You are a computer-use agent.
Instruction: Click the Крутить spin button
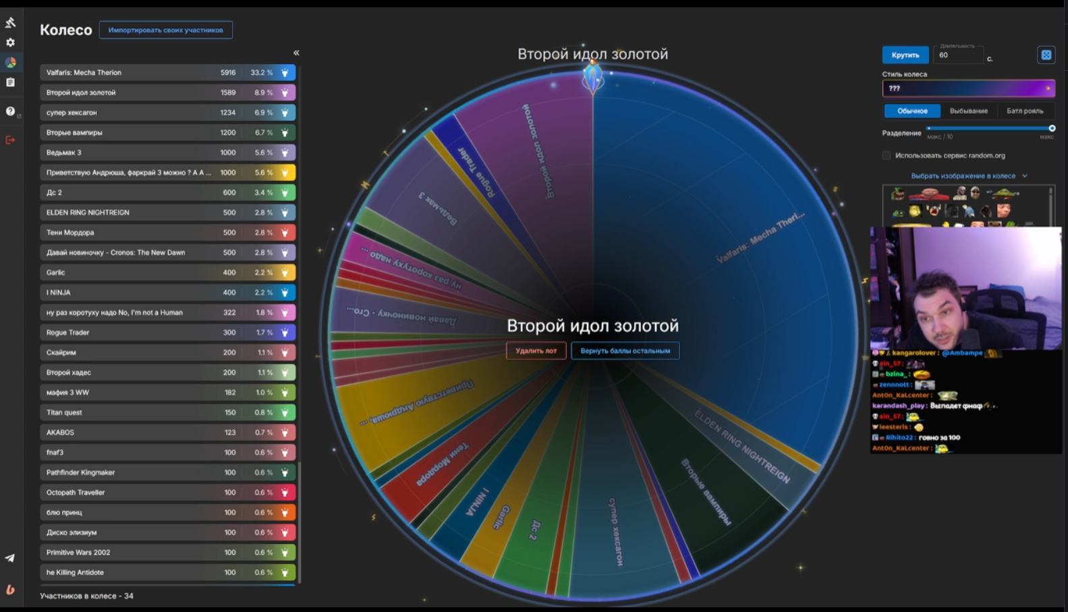(x=905, y=55)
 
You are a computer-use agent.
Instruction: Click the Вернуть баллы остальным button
(x=625, y=351)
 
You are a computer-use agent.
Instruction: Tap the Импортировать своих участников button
(x=165, y=30)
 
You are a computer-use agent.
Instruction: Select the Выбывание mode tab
(x=968, y=111)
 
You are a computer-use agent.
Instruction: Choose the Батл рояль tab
(x=1024, y=111)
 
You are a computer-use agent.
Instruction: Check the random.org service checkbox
(x=887, y=156)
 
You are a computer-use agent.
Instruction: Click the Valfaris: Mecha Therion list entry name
(x=84, y=73)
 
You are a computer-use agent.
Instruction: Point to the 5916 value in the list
(x=228, y=73)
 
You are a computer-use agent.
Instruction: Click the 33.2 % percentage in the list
(x=261, y=73)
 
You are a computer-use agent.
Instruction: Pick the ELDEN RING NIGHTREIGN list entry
(x=88, y=213)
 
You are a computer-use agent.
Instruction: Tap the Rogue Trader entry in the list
(x=68, y=333)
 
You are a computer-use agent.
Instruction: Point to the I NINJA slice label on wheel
(x=478, y=502)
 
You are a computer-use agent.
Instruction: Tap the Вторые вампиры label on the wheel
(x=706, y=491)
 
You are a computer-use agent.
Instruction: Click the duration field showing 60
(x=957, y=56)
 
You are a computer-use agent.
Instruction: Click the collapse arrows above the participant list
(x=296, y=53)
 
